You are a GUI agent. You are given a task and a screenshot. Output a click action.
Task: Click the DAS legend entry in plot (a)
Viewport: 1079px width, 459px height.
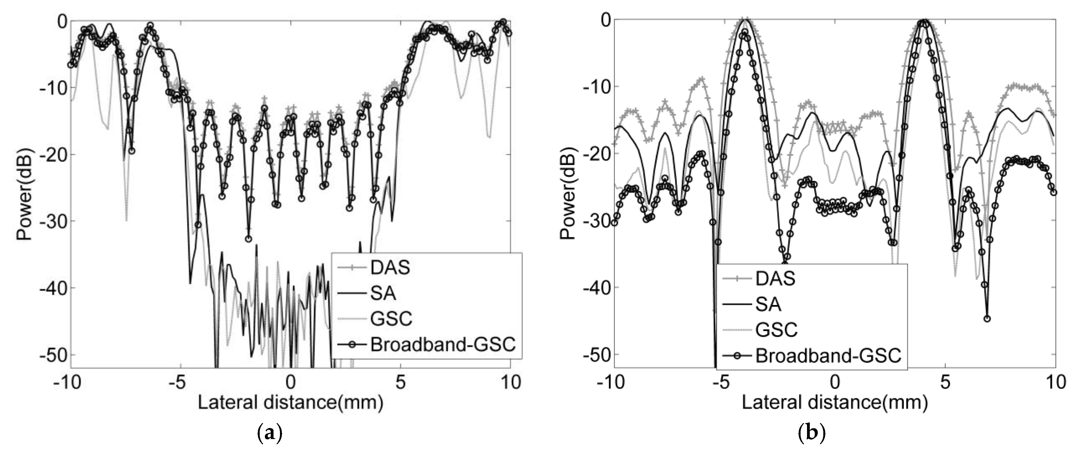point(390,268)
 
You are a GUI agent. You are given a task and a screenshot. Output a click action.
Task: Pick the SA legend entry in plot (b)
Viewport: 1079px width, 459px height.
point(768,304)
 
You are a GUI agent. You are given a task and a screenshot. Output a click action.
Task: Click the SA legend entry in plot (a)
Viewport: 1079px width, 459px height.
point(383,293)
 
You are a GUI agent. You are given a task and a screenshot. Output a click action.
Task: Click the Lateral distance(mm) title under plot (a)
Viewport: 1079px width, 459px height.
point(290,403)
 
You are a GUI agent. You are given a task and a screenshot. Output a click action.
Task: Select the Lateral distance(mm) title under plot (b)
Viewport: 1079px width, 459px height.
point(835,403)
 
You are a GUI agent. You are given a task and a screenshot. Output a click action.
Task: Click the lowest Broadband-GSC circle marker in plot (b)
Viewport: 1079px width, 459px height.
point(987,319)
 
